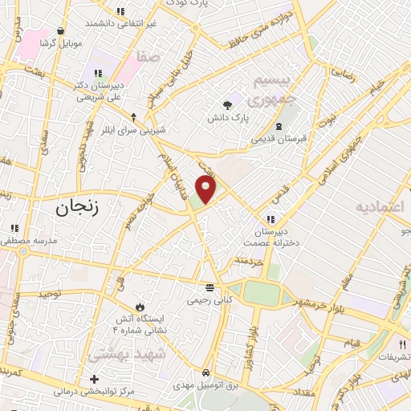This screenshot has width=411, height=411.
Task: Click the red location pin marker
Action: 206,189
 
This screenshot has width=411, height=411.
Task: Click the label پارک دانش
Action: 247,117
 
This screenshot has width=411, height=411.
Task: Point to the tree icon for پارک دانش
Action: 228,104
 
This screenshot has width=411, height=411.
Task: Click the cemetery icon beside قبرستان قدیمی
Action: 278,126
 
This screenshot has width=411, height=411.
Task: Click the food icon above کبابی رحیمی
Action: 210,287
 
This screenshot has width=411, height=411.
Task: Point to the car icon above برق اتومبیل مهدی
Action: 206,373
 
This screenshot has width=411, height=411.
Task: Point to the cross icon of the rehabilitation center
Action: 95,379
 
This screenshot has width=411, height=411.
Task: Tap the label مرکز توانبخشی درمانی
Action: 87,393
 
